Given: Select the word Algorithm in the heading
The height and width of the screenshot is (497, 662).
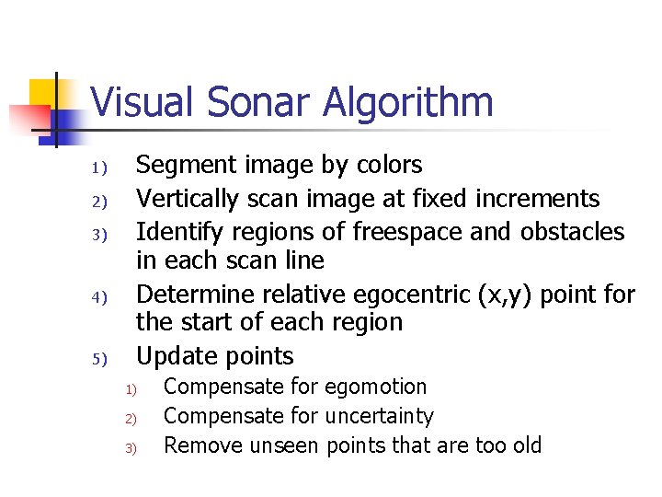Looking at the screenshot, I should (x=407, y=103).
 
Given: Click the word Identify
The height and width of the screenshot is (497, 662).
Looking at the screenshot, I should (x=176, y=232).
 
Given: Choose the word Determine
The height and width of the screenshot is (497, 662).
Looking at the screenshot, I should (x=196, y=295).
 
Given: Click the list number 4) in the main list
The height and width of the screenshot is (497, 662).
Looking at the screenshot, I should (x=100, y=297).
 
